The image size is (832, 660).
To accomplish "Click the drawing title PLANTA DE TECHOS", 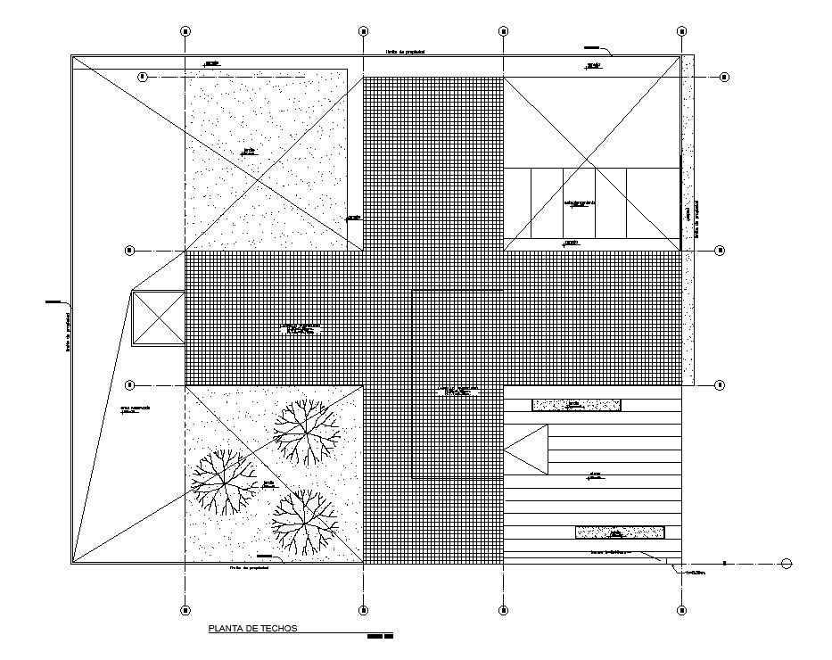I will pyautogui.click(x=252, y=628).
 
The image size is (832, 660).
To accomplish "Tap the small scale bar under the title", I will pyautogui.click(x=380, y=637).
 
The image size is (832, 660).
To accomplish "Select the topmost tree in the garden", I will pyautogui.click(x=307, y=433).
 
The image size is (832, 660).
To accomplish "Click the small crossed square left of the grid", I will pyautogui.click(x=157, y=318).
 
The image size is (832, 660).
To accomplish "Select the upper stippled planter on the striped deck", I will pyautogui.click(x=576, y=406).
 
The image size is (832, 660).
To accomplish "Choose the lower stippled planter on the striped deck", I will pyautogui.click(x=620, y=532).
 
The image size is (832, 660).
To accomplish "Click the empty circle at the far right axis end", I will pyautogui.click(x=786, y=563).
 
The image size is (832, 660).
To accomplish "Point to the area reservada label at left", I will pyautogui.click(x=136, y=408).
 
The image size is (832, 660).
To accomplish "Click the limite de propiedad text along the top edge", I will pyautogui.click(x=405, y=53).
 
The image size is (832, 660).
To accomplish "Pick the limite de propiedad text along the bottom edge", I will pyautogui.click(x=249, y=567).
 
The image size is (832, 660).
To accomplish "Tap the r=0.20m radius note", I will pyautogui.click(x=694, y=573).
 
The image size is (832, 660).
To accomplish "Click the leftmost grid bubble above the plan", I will pyautogui.click(x=185, y=30).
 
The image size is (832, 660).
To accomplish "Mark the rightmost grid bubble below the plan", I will pyautogui.click(x=682, y=610).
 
